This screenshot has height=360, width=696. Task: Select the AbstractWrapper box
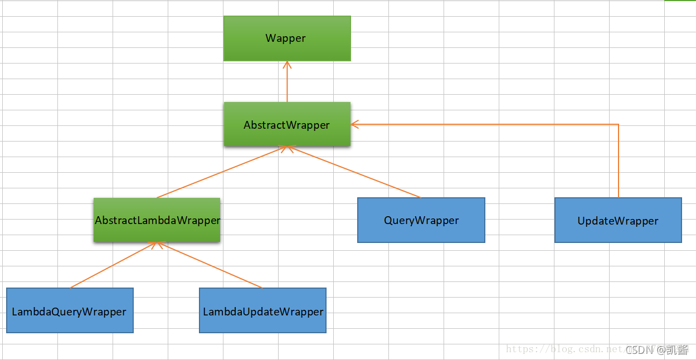click(287, 124)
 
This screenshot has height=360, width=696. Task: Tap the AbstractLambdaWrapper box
click(157, 220)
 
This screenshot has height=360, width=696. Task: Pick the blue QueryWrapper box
click(421, 220)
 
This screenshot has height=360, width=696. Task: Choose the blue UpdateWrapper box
click(618, 220)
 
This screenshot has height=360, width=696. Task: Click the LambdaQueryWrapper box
click(70, 310)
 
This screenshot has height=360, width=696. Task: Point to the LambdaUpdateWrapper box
click(262, 310)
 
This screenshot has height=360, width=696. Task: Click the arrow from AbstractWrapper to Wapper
click(287, 84)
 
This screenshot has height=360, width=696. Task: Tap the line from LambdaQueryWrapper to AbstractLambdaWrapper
click(114, 265)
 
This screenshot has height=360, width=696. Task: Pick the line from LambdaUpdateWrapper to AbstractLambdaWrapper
click(211, 265)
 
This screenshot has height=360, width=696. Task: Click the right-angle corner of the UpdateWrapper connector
click(619, 124)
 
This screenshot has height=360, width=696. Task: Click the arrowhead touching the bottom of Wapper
click(287, 65)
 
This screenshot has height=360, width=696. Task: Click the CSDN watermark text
click(639, 350)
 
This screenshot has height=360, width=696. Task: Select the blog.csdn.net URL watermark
click(563, 349)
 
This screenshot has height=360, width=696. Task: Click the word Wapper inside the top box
click(286, 38)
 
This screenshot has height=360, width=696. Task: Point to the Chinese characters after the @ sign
click(678, 350)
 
